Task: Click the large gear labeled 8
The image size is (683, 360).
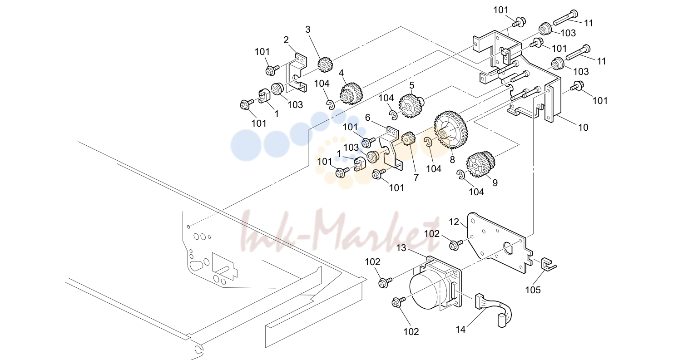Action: (450, 129)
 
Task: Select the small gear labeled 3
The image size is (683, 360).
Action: (325, 64)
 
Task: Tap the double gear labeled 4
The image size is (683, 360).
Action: (351, 94)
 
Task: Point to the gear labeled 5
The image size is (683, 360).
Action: (411, 106)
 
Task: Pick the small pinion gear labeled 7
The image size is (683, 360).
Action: (409, 139)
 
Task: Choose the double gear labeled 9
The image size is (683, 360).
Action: (480, 165)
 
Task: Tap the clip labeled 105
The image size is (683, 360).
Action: (548, 264)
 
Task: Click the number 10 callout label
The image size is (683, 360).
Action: (583, 128)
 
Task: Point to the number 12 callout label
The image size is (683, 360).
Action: (454, 222)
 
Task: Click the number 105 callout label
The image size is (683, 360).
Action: (533, 290)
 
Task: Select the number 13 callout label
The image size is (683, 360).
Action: (401, 248)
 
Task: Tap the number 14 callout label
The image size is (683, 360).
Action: (460, 329)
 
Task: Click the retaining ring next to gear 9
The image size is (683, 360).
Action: (460, 175)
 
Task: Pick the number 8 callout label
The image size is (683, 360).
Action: (452, 159)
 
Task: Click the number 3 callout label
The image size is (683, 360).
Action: (308, 30)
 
